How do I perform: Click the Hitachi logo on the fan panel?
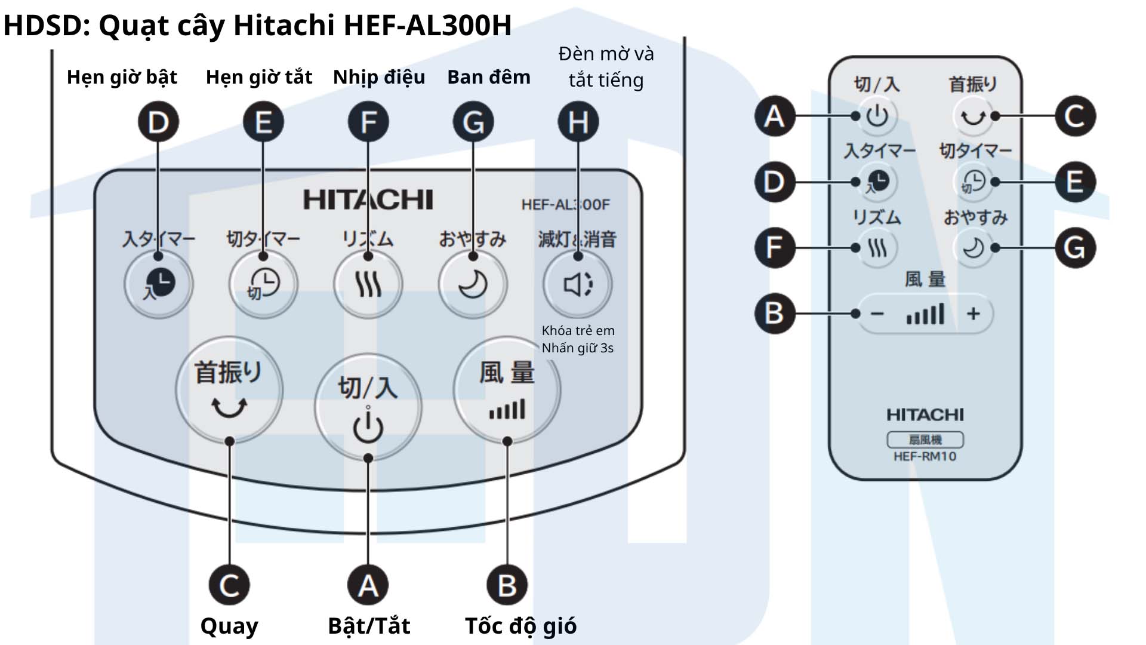click(368, 199)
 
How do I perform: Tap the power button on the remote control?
click(877, 116)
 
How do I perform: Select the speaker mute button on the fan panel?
click(577, 284)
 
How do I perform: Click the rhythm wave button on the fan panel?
click(368, 284)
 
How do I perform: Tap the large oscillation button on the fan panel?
click(229, 390)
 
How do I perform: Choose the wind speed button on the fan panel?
click(507, 390)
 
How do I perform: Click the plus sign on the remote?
click(973, 314)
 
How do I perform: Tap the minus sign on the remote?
click(877, 314)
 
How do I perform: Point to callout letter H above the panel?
click(578, 122)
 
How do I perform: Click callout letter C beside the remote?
click(1075, 116)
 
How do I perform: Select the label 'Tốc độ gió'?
click(520, 626)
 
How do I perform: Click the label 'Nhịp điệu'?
click(379, 77)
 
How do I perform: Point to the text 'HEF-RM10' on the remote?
click(925, 457)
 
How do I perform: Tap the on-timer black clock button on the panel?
click(159, 284)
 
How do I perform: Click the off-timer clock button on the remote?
click(973, 182)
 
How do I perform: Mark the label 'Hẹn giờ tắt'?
click(259, 77)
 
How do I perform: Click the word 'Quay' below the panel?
click(229, 626)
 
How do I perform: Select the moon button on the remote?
click(973, 248)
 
